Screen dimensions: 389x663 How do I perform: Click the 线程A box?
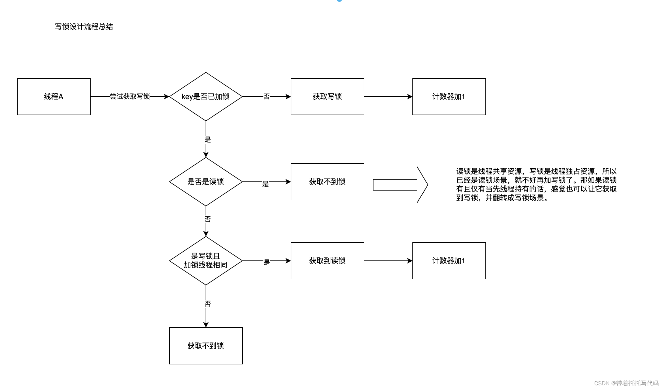54,97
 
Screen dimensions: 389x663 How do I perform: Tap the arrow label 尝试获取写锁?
130,97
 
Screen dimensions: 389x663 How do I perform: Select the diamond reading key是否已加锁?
206,97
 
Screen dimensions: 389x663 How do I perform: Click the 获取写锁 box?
327,97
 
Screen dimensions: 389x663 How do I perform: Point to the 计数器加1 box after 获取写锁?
449,97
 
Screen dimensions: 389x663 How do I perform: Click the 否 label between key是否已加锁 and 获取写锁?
267,97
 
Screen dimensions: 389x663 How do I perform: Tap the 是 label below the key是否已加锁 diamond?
207,139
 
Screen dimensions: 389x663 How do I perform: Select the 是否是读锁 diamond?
206,182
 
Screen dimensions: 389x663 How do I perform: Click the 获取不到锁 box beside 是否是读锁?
327,182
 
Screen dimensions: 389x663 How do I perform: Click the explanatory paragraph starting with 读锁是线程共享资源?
536,184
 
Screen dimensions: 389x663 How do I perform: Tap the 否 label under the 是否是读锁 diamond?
207,219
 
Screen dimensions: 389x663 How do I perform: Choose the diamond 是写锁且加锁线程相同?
206,260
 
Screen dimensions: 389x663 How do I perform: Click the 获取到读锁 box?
327,260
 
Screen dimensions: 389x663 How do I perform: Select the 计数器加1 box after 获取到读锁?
449,260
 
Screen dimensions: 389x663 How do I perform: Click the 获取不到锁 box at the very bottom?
206,346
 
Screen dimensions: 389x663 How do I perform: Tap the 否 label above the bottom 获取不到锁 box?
207,304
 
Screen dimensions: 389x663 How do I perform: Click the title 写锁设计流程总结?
84,27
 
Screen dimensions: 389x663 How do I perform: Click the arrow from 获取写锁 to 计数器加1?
388,97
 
